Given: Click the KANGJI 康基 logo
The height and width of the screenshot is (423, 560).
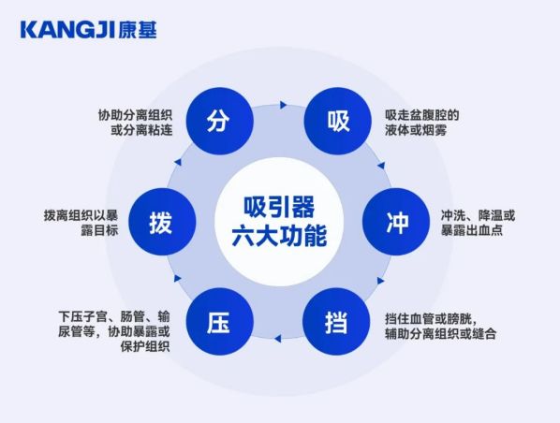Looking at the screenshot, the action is [89, 30].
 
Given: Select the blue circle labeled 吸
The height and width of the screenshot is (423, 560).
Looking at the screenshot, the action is [337, 121].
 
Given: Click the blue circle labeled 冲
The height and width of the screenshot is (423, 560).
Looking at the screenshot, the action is [396, 222].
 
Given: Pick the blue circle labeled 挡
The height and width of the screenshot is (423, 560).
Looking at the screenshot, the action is [336, 322].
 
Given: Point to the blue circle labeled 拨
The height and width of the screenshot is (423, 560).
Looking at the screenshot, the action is [162, 222].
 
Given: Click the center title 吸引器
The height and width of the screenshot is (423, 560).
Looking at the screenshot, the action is [279, 208].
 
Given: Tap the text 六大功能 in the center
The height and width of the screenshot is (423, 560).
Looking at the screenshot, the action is [279, 236].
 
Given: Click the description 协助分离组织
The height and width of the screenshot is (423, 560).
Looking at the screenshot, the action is [136, 115].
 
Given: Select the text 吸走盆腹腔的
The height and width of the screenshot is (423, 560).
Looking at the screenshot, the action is [421, 115].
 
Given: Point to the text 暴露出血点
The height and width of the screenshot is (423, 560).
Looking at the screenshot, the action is [472, 230].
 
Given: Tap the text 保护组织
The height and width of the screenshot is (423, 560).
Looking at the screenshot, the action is [144, 346].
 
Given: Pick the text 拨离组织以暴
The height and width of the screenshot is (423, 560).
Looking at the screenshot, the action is [81, 215].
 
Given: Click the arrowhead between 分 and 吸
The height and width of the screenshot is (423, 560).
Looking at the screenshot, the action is [283, 105].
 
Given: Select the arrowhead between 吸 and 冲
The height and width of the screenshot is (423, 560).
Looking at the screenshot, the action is [381, 166].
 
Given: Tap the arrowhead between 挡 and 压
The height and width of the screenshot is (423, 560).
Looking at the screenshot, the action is [277, 339].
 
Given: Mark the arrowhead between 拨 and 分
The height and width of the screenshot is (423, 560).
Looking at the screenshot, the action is [178, 163].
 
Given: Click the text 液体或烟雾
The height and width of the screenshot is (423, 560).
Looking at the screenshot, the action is [416, 130].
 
